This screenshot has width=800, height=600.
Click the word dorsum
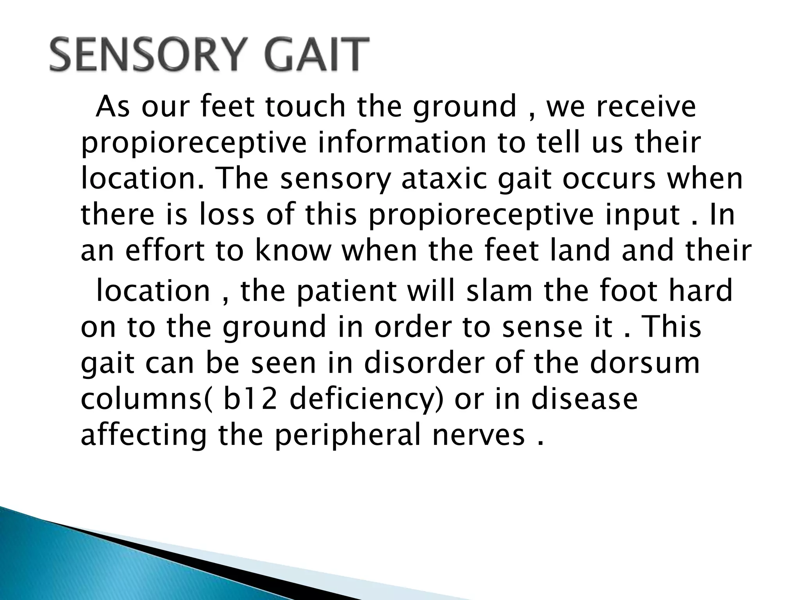click(x=645, y=363)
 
